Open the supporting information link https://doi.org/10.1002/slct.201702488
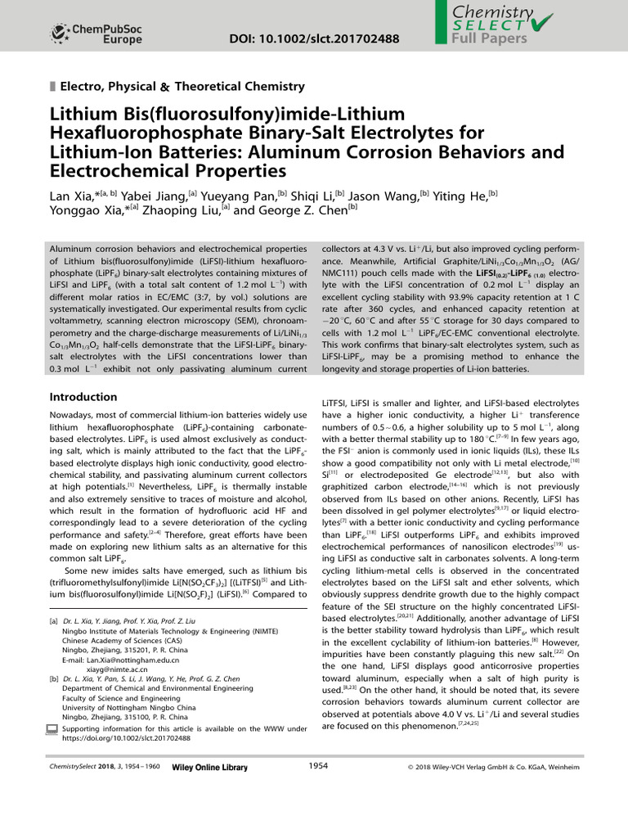tap(126, 737)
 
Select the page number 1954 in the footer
tap(318, 765)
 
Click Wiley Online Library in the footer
tap(209, 767)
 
